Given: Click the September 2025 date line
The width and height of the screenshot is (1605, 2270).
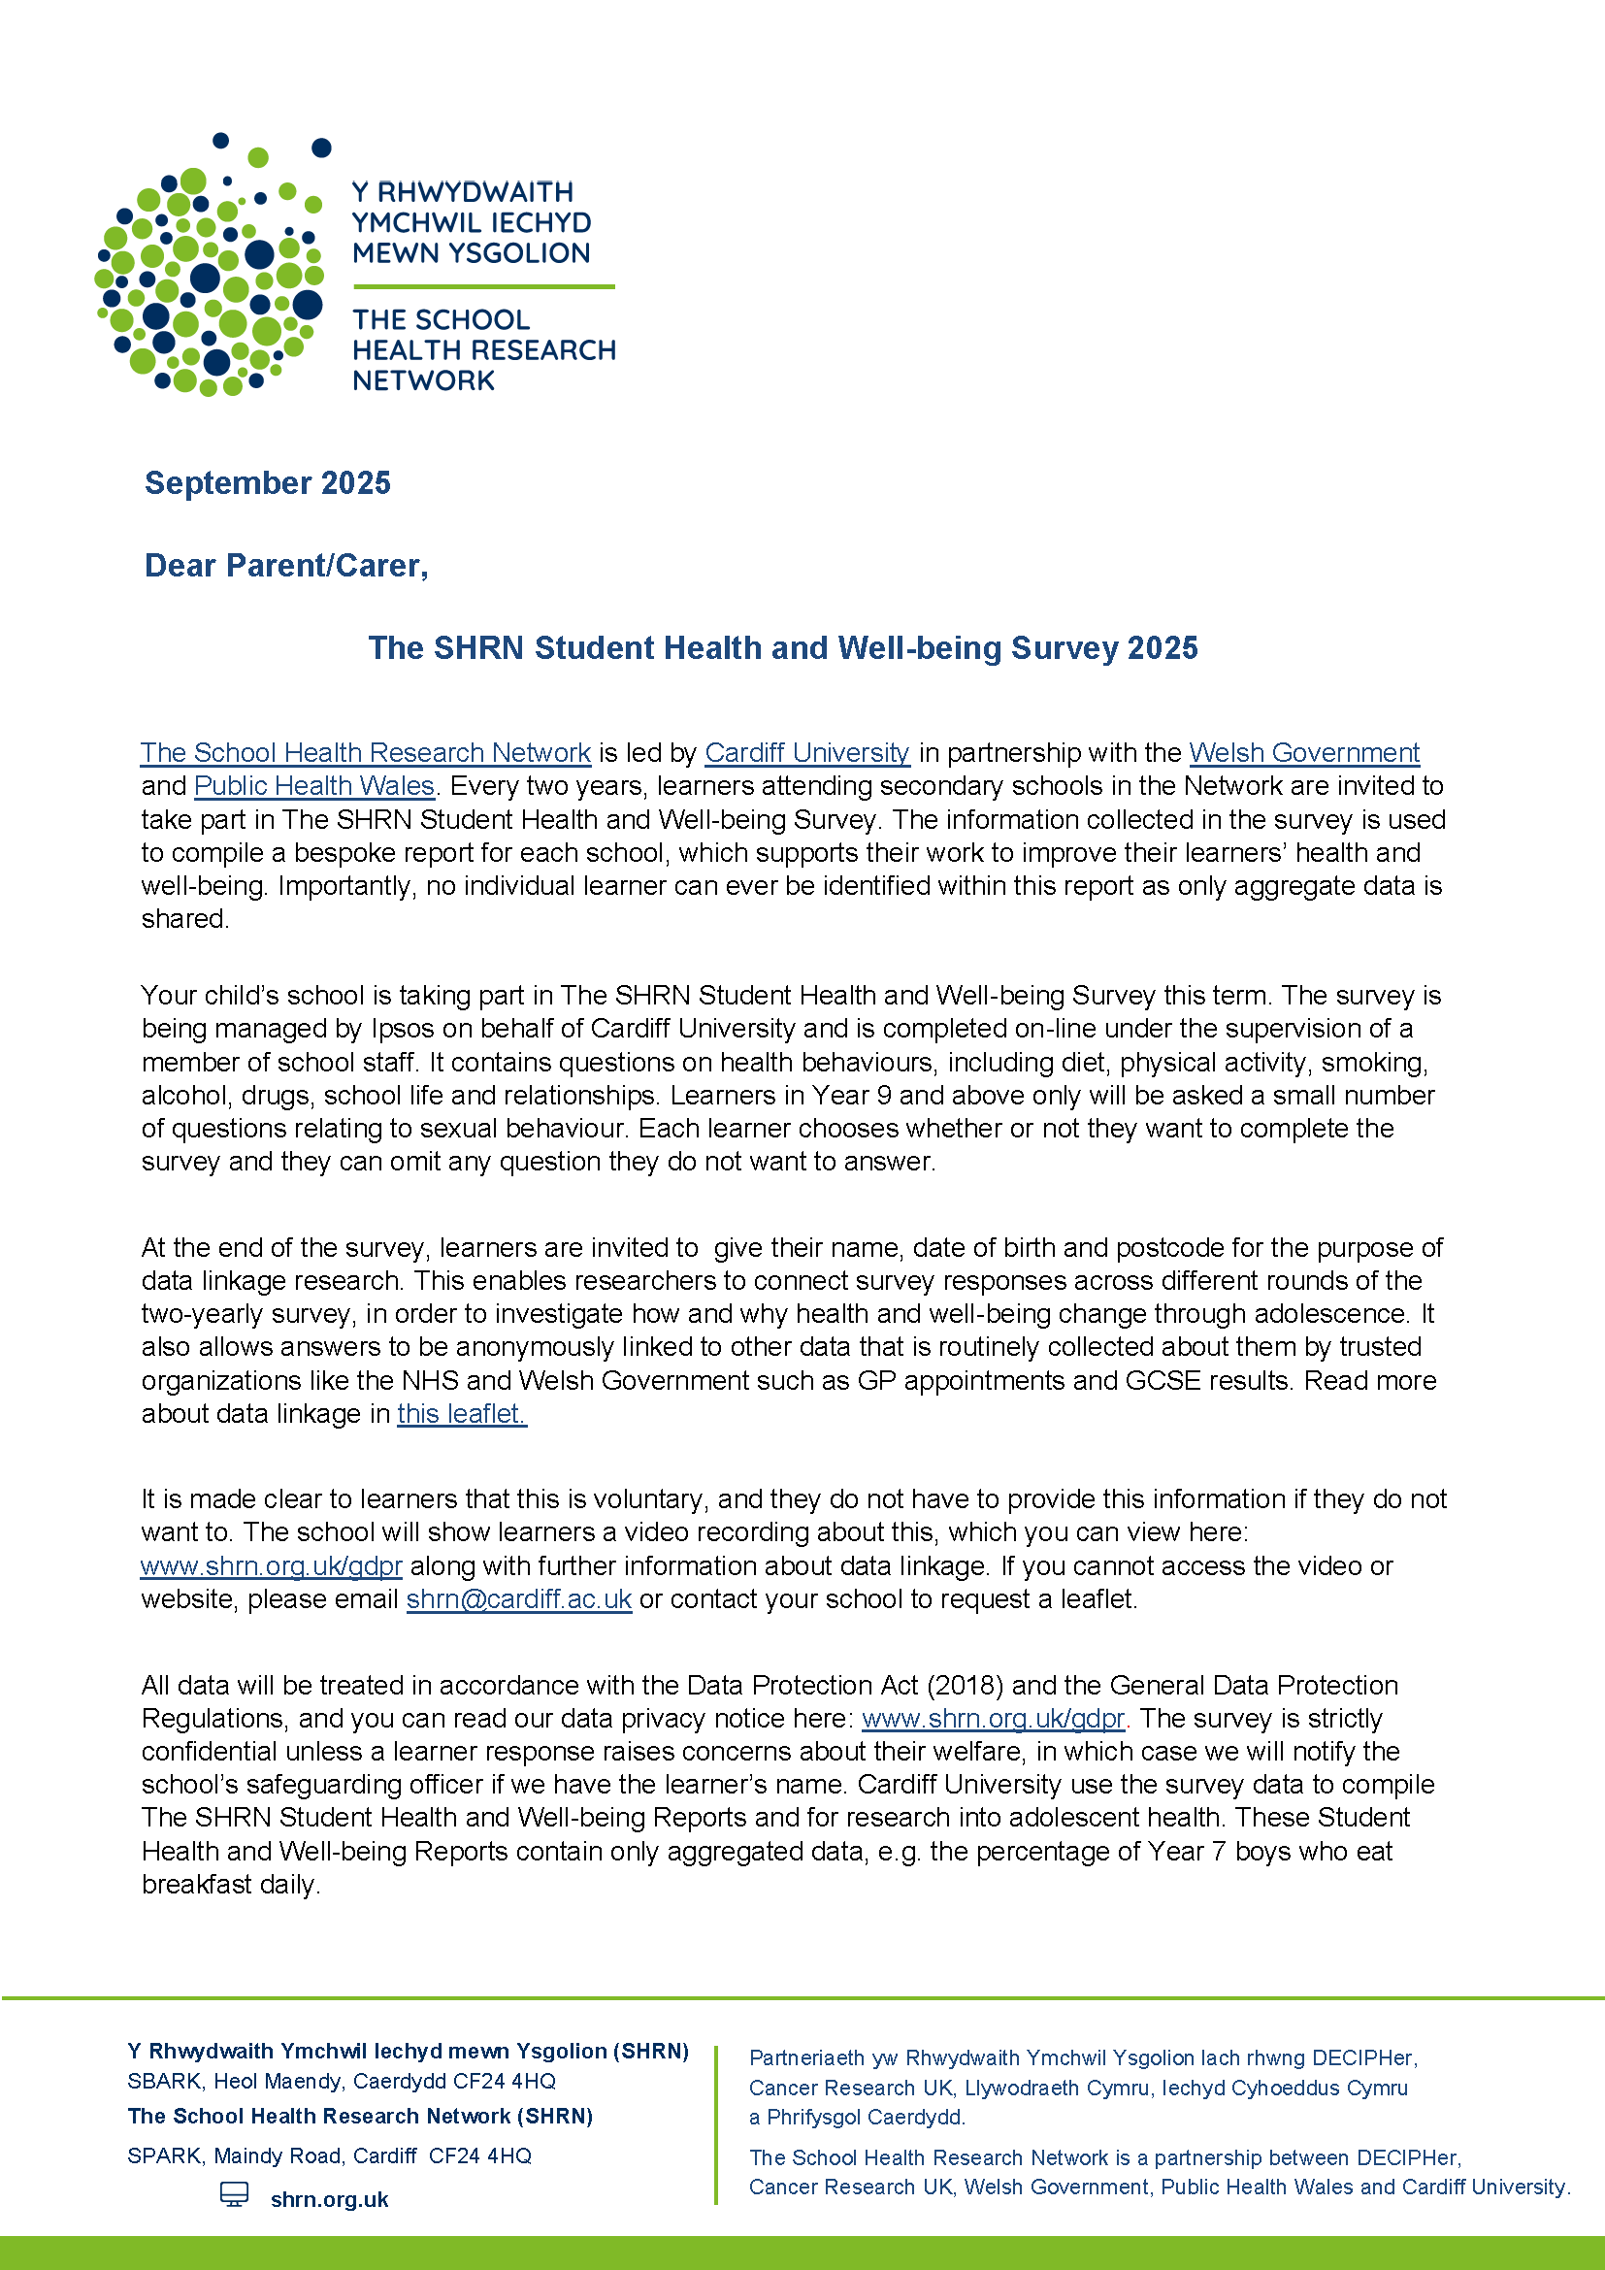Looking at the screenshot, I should (267, 482).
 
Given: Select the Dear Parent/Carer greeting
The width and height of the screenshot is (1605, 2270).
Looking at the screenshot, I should (285, 565).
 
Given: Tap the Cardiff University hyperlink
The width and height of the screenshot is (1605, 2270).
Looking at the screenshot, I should (806, 752).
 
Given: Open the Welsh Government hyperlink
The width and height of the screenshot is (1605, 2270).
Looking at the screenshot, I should (1303, 752).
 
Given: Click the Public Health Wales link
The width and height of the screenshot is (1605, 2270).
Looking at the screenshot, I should (314, 785).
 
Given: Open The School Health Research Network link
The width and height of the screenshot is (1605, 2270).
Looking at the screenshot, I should (365, 752).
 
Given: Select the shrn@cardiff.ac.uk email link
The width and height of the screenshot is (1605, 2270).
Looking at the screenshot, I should (519, 1598).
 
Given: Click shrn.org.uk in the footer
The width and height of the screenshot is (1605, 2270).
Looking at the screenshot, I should (329, 2200).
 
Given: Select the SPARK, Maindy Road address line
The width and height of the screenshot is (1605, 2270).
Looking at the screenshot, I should (329, 2155).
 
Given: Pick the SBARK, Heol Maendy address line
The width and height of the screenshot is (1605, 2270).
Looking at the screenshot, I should (341, 2081).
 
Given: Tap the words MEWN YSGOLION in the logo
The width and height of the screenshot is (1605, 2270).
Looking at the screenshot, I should (471, 253).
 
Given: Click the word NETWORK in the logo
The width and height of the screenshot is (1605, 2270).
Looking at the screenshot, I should (423, 380).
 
